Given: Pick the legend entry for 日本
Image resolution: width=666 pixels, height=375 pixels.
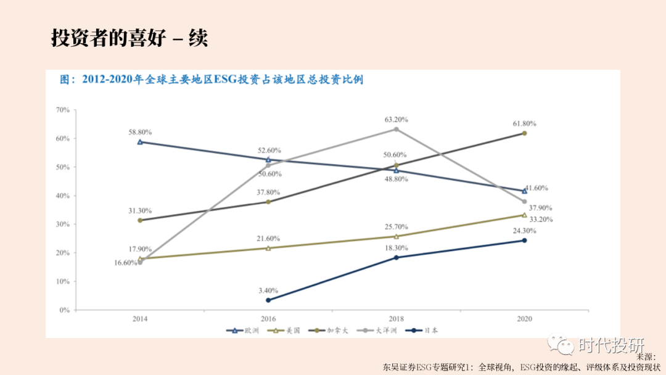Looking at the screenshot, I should (x=422, y=331).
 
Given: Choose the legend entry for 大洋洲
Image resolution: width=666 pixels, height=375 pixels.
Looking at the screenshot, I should (x=379, y=331).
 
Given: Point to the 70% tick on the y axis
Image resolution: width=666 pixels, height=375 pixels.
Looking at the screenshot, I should (x=62, y=110).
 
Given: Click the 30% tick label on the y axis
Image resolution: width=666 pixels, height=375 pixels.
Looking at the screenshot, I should (x=62, y=225).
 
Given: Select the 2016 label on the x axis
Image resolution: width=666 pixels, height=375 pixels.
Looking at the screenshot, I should (x=268, y=319).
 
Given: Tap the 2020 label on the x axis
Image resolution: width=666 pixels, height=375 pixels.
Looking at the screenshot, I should (x=524, y=319).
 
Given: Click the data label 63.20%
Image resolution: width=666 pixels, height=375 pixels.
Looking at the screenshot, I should (x=396, y=119).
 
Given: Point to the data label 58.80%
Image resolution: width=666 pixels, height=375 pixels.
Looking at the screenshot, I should (x=140, y=132).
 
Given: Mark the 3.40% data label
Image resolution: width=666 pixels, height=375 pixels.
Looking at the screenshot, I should (x=268, y=290).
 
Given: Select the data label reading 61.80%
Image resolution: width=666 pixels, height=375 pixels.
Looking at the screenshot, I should (x=524, y=123).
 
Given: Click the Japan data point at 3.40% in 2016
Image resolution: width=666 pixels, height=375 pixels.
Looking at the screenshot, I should (x=268, y=300).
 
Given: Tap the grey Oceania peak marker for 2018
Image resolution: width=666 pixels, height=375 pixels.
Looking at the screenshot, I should (x=396, y=129).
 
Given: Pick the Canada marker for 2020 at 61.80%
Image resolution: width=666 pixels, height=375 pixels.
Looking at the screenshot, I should (x=524, y=133).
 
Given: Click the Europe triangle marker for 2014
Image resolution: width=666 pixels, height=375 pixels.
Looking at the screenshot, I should (x=140, y=142).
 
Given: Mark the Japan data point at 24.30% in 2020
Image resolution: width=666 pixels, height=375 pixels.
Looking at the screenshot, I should (x=524, y=241).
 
